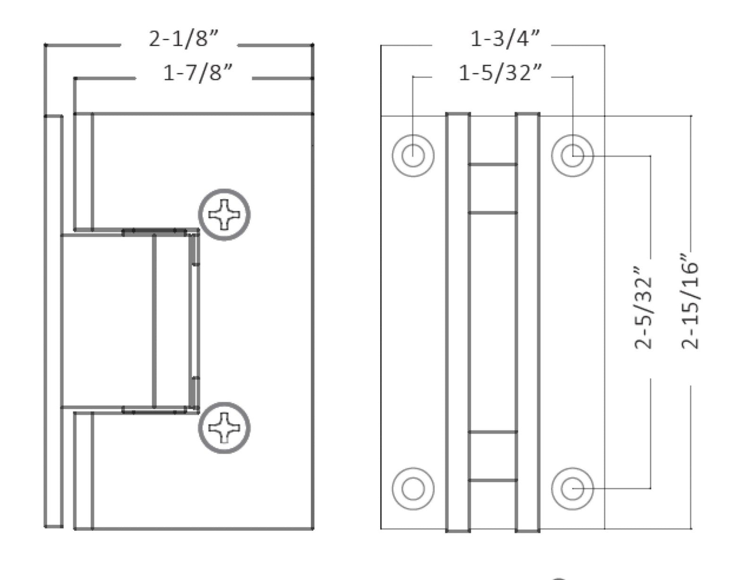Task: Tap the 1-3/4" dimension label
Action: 505,39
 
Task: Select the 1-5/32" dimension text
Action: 500,73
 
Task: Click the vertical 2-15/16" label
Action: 689,303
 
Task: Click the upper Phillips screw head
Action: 224,215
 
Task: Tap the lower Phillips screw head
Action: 224,428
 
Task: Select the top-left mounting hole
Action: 413,156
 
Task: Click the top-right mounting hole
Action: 573,156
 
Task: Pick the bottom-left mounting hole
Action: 413,488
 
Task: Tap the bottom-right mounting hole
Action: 573,488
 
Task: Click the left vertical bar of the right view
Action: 458,321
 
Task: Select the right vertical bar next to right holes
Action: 527,321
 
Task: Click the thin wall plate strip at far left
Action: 53,321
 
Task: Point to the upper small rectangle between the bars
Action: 492,189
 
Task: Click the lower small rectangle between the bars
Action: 492,456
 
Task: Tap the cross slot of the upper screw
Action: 224,215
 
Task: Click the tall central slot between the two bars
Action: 492,321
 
